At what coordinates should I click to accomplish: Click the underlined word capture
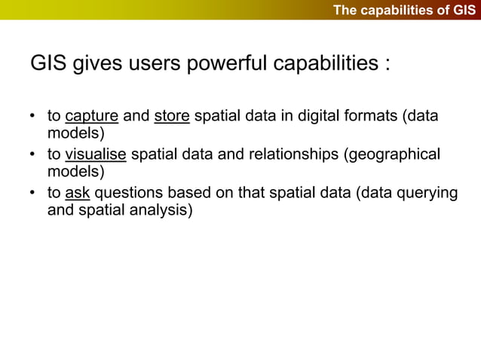pyautogui.click(x=91, y=117)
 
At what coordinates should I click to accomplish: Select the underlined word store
pyautogui.click(x=171, y=117)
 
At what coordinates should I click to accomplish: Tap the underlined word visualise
pyautogui.click(x=96, y=155)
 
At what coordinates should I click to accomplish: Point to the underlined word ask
pyautogui.click(x=78, y=193)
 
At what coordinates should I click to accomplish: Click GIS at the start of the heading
pyautogui.click(x=47, y=64)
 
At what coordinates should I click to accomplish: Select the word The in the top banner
pyautogui.click(x=345, y=10)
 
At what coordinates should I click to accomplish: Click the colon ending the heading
pyautogui.click(x=386, y=66)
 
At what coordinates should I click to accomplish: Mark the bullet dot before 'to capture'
pyautogui.click(x=32, y=118)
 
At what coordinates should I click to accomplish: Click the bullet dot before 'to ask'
pyautogui.click(x=32, y=194)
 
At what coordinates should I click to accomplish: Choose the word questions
pyautogui.click(x=129, y=193)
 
